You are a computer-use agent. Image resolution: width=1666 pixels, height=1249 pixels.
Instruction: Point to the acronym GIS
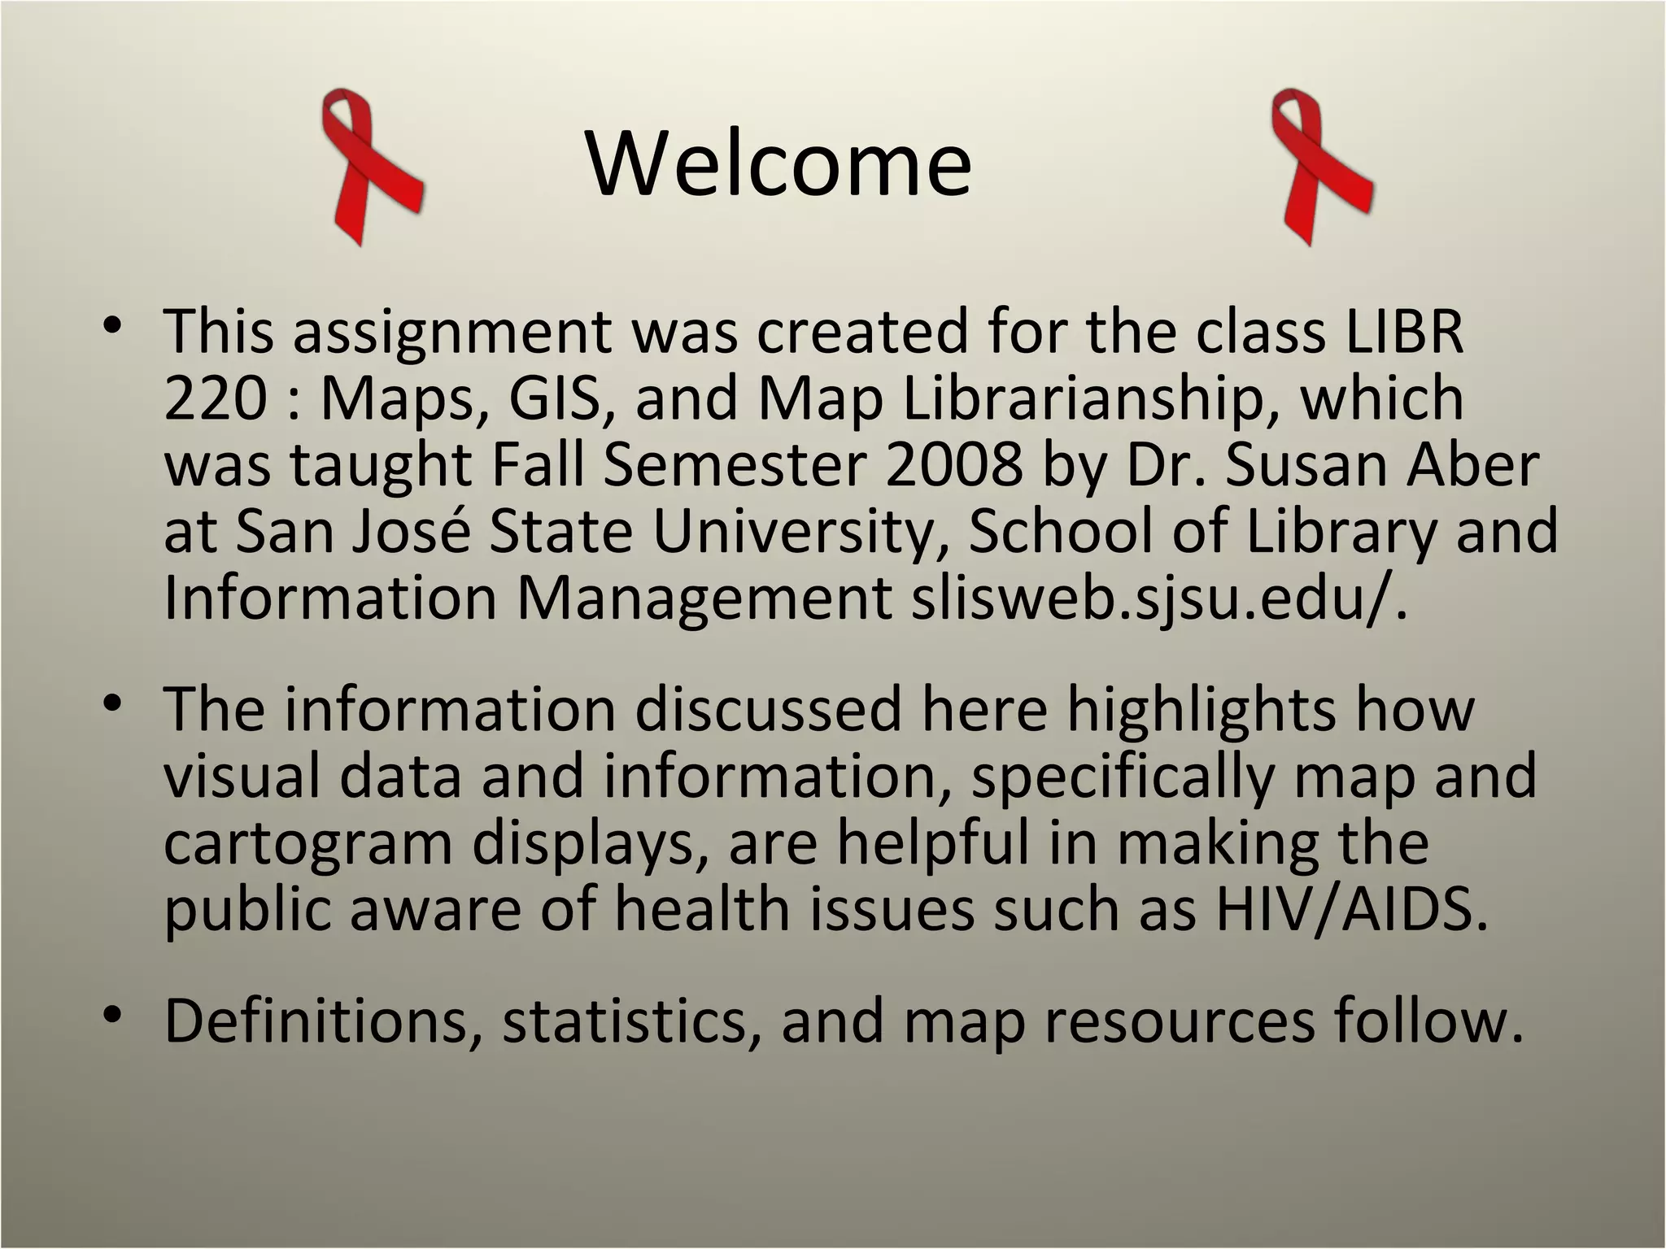pyautogui.click(x=560, y=398)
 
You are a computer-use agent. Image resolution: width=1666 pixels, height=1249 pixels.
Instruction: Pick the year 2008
pyautogui.click(x=954, y=465)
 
